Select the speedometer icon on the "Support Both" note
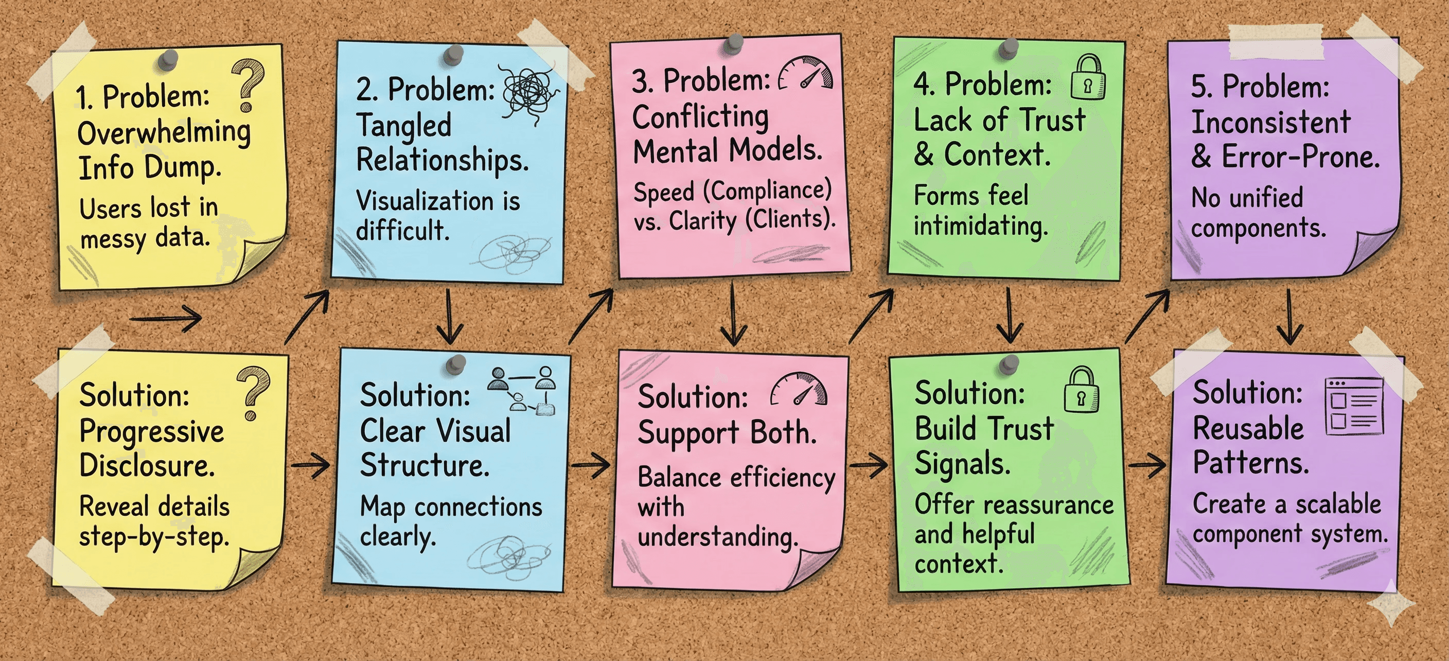[799, 389]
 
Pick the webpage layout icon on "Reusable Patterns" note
[1354, 406]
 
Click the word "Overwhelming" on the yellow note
[164, 133]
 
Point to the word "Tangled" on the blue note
[404, 125]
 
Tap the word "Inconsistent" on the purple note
[1270, 122]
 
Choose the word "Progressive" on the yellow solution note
[151, 431]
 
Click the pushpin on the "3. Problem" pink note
[733, 43]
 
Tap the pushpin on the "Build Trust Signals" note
[1011, 364]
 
